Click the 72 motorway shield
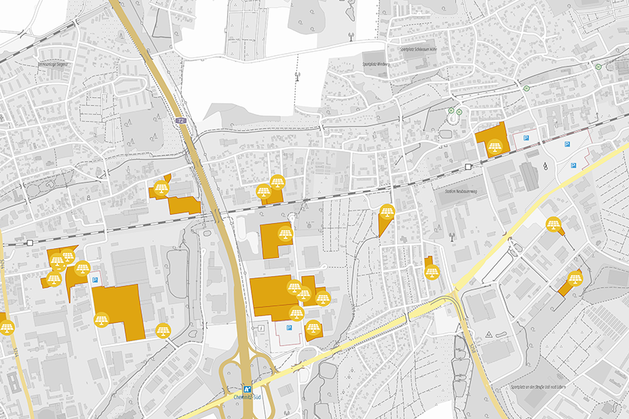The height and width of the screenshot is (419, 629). (181, 121)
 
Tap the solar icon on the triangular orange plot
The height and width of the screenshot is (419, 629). (387, 212)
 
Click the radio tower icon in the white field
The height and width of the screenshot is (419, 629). (296, 73)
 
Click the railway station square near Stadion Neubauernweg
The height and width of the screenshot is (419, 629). (468, 167)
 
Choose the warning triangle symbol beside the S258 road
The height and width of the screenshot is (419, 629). (489, 335)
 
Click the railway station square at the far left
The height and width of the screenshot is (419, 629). (30, 242)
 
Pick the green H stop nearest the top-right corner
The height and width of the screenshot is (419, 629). (598, 66)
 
